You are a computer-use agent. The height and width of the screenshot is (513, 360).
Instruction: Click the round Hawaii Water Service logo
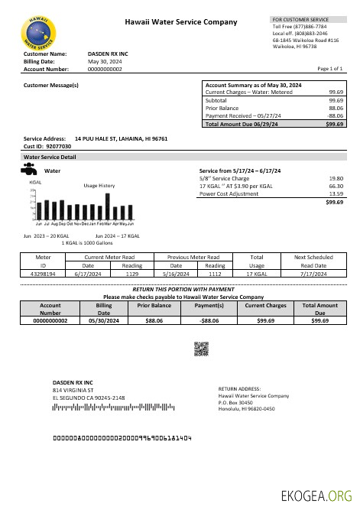pos(37,32)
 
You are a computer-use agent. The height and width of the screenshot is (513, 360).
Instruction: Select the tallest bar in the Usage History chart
pos(107,207)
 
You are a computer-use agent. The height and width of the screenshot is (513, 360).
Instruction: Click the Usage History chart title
pos(99,186)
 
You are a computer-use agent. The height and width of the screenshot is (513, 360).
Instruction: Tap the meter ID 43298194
pos(44,273)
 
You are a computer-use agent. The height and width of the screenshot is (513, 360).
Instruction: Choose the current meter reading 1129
pos(132,273)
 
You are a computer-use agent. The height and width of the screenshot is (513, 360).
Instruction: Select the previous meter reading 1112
pos(215,273)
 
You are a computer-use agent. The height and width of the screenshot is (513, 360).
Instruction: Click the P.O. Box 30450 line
pos(235,402)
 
